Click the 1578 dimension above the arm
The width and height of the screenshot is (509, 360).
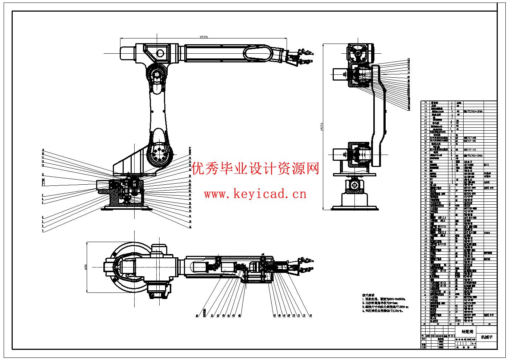204,37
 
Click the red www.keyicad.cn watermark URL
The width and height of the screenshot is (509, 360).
255,194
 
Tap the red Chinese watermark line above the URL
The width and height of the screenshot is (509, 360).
256,169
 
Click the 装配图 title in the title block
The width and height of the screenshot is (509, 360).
467,332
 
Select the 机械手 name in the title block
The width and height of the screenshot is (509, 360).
487,337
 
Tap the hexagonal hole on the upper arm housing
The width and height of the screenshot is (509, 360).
160,54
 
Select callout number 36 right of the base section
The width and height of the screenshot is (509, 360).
190,227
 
